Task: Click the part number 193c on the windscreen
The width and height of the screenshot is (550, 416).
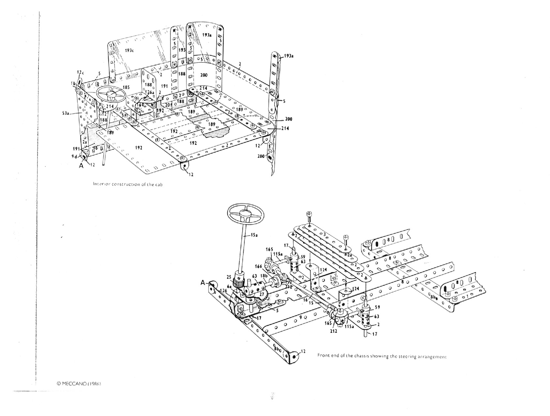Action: pyautogui.click(x=129, y=51)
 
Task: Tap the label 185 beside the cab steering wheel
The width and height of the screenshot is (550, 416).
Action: pyautogui.click(x=126, y=87)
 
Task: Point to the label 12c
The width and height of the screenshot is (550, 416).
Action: pyautogui.click(x=80, y=72)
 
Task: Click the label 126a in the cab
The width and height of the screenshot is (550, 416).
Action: pyautogui.click(x=149, y=93)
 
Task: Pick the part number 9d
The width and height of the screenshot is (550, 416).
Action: pyautogui.click(x=75, y=156)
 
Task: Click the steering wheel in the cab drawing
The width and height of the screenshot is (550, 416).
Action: pyautogui.click(x=111, y=94)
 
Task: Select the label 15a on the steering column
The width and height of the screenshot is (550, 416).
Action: pyautogui.click(x=254, y=235)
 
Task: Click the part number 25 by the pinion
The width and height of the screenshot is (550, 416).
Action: pyautogui.click(x=229, y=277)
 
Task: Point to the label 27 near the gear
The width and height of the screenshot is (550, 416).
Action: pyautogui.click(x=262, y=294)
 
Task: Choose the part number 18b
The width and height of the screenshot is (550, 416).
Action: pyautogui.click(x=264, y=276)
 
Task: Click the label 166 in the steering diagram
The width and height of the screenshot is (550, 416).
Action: pyautogui.click(x=258, y=267)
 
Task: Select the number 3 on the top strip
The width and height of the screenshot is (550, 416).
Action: pyautogui.click(x=325, y=234)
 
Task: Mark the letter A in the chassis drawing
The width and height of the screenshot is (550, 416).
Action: pyautogui.click(x=203, y=283)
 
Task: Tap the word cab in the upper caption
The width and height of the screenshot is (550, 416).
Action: pyautogui.click(x=159, y=184)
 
